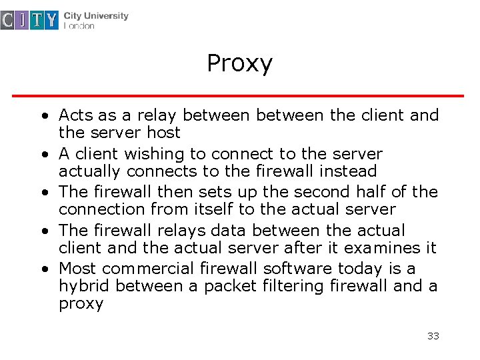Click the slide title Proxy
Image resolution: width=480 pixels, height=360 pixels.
point(239,64)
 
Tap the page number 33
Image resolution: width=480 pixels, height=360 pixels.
point(433,336)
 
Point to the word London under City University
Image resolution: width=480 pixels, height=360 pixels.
point(79,27)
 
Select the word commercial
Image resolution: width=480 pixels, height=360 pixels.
point(147,269)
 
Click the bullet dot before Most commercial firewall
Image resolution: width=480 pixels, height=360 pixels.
point(43,269)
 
